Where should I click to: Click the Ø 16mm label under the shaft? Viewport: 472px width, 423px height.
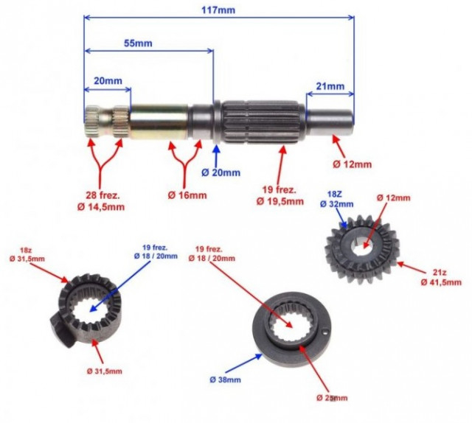pos(187,195)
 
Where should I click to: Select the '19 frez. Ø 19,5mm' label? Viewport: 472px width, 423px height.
pos(280,195)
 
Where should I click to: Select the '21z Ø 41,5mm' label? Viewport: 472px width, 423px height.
pos(440,277)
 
